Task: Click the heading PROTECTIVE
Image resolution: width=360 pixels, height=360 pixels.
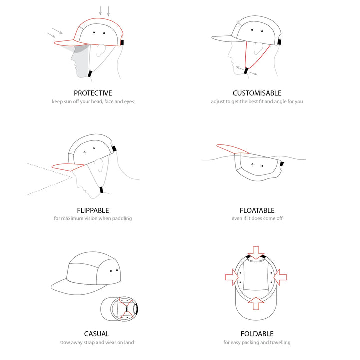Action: (93, 93)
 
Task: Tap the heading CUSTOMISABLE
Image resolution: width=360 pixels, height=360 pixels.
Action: (257, 93)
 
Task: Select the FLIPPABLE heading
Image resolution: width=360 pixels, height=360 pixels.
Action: (93, 210)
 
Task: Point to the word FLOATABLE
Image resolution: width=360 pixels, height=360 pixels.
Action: (257, 210)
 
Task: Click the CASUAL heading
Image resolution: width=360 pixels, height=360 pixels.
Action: (96, 334)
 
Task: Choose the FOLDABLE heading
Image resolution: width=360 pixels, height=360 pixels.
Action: (257, 334)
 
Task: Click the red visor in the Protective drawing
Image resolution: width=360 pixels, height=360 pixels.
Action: (69, 43)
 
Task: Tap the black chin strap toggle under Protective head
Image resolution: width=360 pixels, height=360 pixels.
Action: (90, 74)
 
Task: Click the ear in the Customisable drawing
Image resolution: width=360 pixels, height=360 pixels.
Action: (258, 48)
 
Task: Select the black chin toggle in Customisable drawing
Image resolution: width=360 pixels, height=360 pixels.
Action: (246, 71)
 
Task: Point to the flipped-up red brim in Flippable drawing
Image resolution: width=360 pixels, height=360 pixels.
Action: (68, 167)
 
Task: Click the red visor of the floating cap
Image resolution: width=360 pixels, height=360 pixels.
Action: (232, 149)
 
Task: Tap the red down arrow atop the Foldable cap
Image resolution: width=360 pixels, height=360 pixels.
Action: (256, 253)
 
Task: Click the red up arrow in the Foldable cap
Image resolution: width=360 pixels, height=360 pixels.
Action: (256, 303)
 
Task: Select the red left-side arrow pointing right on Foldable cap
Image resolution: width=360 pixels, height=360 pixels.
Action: (232, 277)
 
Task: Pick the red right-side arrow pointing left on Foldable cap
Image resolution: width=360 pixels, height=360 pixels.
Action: (280, 277)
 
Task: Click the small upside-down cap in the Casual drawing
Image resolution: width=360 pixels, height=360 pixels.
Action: (119, 309)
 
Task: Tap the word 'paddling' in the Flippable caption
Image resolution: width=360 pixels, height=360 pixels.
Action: (122, 219)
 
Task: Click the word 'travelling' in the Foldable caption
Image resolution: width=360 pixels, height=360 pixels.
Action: (280, 343)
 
